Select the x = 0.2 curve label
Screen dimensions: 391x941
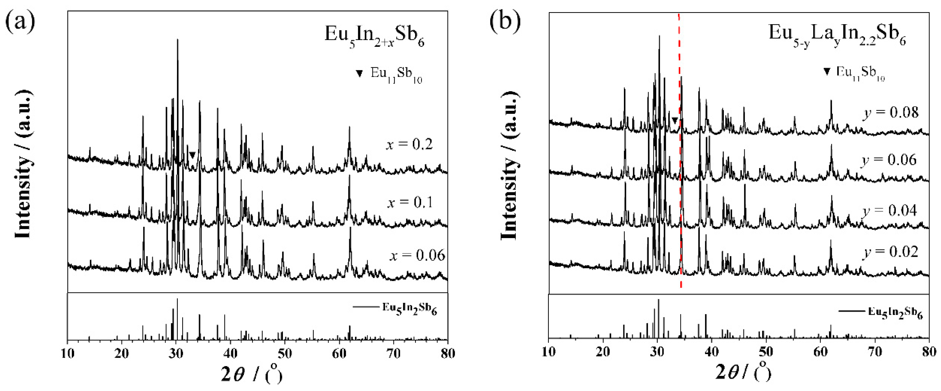pyautogui.click(x=409, y=145)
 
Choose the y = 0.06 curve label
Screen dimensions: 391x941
pyautogui.click(x=889, y=160)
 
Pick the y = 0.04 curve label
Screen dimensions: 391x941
pyautogui.click(x=890, y=211)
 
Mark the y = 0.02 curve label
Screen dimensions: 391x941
pyautogui.click(x=890, y=252)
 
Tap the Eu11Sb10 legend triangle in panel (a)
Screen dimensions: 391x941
pyautogui.click(x=360, y=74)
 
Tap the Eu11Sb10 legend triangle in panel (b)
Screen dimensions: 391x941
pyautogui.click(x=827, y=72)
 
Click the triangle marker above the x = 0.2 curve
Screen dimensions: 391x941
pyautogui.click(x=192, y=155)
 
